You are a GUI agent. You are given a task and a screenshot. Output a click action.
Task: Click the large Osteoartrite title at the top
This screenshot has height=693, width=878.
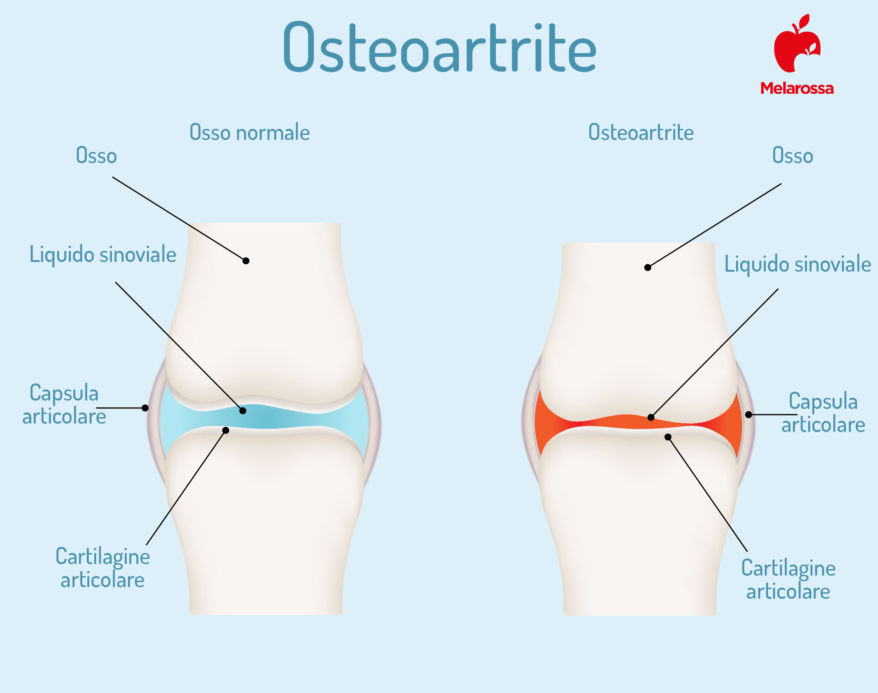point(439,47)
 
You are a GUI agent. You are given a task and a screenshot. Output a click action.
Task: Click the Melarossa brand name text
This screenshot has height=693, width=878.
point(797,88)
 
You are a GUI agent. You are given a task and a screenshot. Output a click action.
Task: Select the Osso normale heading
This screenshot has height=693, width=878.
point(250,133)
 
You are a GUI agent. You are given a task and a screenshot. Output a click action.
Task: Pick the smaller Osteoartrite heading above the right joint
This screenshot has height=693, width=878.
point(641,133)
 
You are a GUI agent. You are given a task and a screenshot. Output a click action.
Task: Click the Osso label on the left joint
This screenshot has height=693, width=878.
point(96,156)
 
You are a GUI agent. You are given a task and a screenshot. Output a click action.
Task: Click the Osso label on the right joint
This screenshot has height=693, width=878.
point(793,156)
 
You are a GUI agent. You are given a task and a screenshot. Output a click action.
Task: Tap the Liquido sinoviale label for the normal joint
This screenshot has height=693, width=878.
point(103,255)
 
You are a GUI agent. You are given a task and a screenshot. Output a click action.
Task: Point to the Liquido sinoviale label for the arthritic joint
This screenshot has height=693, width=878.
point(798,264)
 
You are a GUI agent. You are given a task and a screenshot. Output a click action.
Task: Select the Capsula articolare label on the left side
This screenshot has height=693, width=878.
point(64,405)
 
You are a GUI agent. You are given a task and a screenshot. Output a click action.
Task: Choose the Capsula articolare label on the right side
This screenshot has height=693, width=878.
point(823,413)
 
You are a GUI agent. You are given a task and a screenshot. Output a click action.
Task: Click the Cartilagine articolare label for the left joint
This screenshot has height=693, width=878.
point(103,568)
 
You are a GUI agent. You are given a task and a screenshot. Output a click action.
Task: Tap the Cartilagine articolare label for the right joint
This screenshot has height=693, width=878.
point(788,580)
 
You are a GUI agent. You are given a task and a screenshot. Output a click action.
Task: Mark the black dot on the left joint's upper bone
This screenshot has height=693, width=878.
point(246,261)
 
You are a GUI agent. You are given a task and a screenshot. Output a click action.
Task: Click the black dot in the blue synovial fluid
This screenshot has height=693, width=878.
point(243,410)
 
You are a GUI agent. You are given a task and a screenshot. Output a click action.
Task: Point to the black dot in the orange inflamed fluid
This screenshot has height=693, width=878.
point(651,417)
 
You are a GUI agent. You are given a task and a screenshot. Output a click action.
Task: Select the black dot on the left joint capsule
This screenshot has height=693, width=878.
point(145,407)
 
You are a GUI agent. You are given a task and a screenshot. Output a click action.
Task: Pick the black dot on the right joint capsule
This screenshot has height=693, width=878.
point(749,414)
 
